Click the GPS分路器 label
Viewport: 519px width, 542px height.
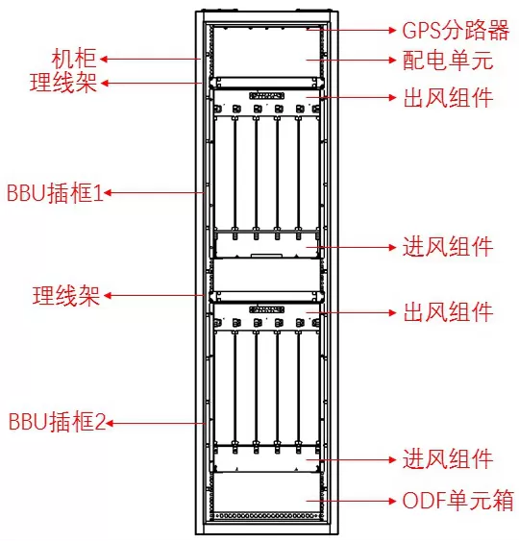tap(456, 30)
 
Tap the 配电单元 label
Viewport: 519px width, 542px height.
tap(448, 61)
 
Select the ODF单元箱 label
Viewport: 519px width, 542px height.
tap(458, 500)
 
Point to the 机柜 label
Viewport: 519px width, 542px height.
tap(74, 59)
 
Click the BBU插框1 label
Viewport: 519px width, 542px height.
tap(56, 192)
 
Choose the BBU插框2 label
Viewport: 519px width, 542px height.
tap(57, 422)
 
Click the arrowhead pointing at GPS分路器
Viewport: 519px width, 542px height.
tap(392, 30)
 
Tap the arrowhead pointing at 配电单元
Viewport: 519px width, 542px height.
tap(392, 61)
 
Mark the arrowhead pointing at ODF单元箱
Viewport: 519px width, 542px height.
tap(392, 501)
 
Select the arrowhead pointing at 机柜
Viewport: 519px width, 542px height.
tap(104, 59)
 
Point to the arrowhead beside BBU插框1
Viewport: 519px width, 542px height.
tap(108, 192)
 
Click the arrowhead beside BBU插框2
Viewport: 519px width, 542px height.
tap(110, 423)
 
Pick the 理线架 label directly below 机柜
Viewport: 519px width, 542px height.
tap(63, 83)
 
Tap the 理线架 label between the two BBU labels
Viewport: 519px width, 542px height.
tap(66, 296)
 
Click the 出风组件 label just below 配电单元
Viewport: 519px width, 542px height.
tap(448, 98)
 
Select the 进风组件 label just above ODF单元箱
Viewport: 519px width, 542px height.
tap(448, 459)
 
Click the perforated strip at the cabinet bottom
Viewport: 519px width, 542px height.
tap(267, 516)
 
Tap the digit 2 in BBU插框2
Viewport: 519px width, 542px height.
tap(100, 422)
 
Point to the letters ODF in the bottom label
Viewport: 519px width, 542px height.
tap(424, 501)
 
